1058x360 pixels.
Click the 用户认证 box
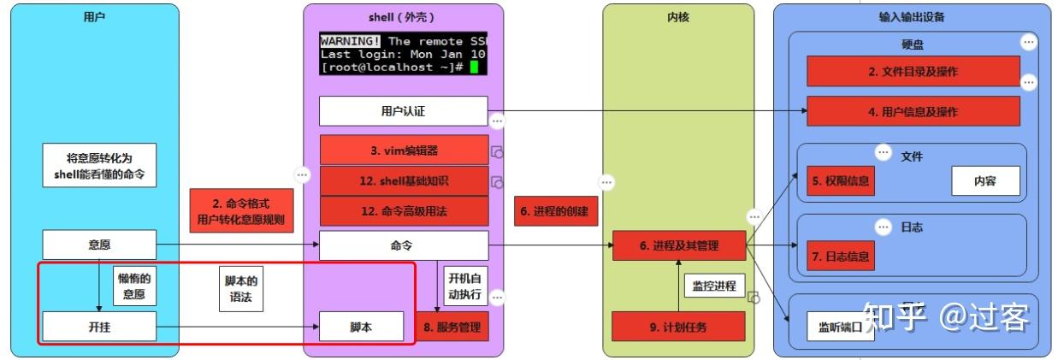pyautogui.click(x=403, y=111)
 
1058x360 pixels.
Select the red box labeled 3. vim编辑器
pyautogui.click(x=404, y=150)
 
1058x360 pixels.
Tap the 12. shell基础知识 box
pyautogui.click(x=404, y=180)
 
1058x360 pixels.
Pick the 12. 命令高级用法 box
pyautogui.click(x=404, y=211)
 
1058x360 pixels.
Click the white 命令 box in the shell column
pyautogui.click(x=403, y=245)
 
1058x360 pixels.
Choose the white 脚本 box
pyautogui.click(x=361, y=327)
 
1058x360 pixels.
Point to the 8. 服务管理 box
pyautogui.click(x=452, y=327)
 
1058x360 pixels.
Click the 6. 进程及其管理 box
pyautogui.click(x=679, y=246)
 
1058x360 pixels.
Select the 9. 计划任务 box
pyautogui.click(x=678, y=327)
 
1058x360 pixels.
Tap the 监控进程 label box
pyautogui.click(x=712, y=286)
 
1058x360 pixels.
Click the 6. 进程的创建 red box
pyautogui.click(x=554, y=211)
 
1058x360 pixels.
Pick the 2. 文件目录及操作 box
pyautogui.click(x=913, y=72)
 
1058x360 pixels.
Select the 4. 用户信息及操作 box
pyautogui.click(x=913, y=111)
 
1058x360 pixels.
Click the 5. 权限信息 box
pyautogui.click(x=842, y=181)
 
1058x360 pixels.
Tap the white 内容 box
pyautogui.click(x=985, y=181)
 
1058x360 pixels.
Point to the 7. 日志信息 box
pyautogui.click(x=842, y=255)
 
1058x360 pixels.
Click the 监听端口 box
pyautogui.click(x=841, y=327)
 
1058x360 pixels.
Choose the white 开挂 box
pyautogui.click(x=99, y=327)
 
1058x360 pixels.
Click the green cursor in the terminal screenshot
pyautogui.click(x=473, y=67)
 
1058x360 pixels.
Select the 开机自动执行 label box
pyautogui.click(x=464, y=286)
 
